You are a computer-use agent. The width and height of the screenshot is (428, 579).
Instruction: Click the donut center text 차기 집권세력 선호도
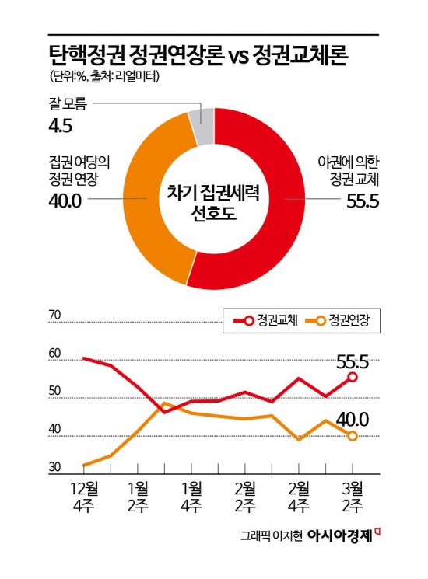point(214,201)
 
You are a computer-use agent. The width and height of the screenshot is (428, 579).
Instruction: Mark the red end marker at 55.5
point(353,377)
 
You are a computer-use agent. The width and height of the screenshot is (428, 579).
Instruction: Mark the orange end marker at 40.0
point(353,436)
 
